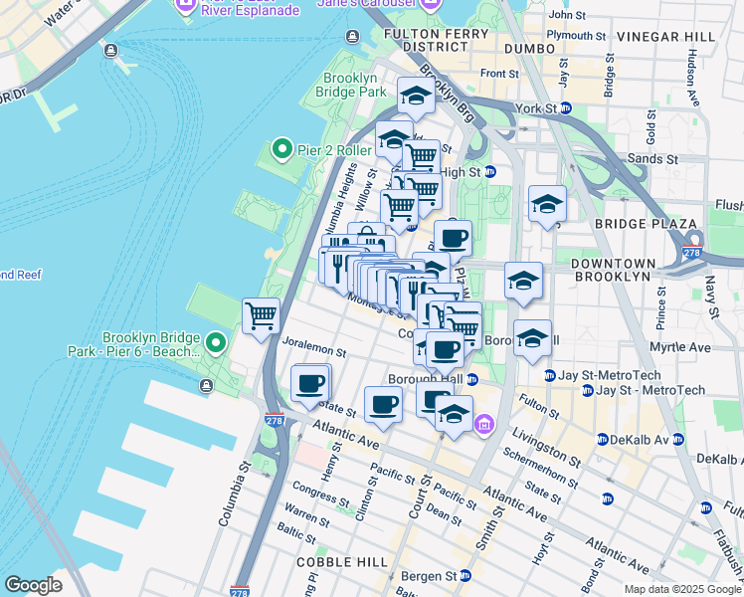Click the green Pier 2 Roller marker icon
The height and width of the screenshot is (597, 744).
(x=281, y=150)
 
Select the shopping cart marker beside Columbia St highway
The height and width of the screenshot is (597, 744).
(x=261, y=316)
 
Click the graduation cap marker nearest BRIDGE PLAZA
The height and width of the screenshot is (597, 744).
(x=547, y=205)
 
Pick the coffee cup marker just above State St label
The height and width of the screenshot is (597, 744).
(x=310, y=383)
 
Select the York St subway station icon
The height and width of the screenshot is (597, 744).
(x=565, y=107)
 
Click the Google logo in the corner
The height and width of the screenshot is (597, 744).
(x=34, y=585)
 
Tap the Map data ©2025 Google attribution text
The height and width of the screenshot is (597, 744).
(x=681, y=589)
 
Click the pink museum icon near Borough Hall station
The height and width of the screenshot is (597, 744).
(x=484, y=425)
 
